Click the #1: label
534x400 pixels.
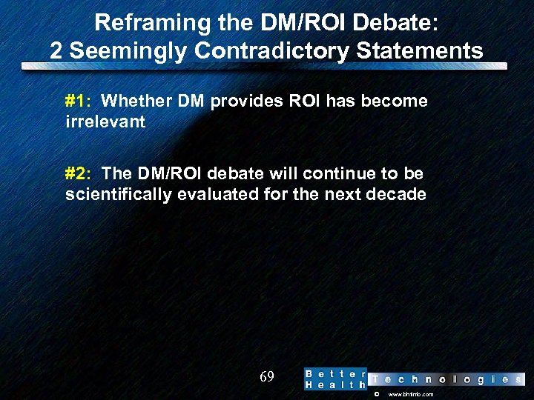pyautogui.click(x=78, y=101)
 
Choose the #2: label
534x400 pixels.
pyautogui.click(x=78, y=173)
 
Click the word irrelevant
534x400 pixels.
pyautogui.click(x=105, y=121)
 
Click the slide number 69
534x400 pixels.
pyautogui.click(x=267, y=377)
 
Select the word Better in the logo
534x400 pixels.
pyautogui.click(x=335, y=373)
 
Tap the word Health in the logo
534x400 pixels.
pyautogui.click(x=335, y=385)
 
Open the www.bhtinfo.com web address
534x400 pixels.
pyautogui.click(x=411, y=395)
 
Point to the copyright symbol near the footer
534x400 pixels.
pyautogui.click(x=376, y=395)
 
